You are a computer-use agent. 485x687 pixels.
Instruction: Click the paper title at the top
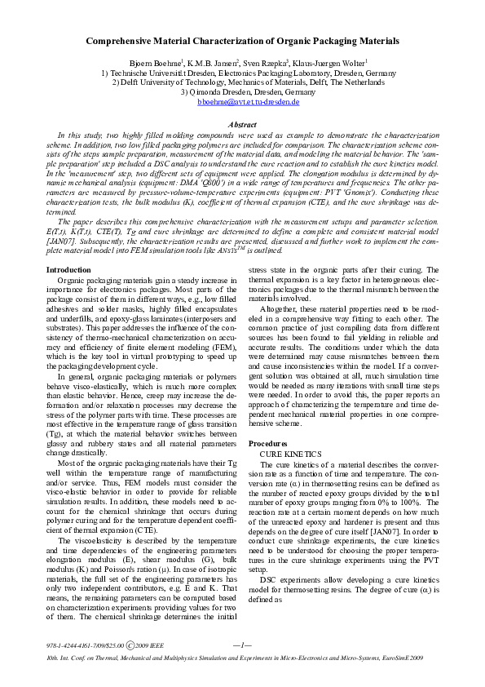point(243,40)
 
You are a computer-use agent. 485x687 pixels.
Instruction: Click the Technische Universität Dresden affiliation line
point(243,73)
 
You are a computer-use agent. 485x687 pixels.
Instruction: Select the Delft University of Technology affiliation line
point(243,82)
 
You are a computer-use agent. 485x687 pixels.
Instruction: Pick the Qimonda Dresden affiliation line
point(243,92)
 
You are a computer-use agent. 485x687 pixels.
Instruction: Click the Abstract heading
point(242,124)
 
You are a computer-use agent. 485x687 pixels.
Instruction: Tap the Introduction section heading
point(68,269)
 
